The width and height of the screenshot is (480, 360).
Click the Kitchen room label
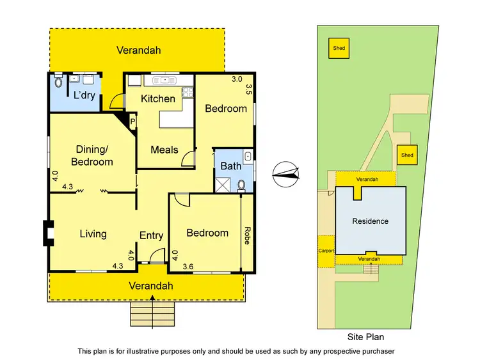[x=158, y=98]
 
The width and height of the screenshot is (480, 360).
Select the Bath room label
[x=230, y=166]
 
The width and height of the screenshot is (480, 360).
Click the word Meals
[x=164, y=150]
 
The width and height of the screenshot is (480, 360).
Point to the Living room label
[x=93, y=233]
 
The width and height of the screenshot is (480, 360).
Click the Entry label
[x=151, y=235]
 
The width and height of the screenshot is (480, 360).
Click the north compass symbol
[x=285, y=173]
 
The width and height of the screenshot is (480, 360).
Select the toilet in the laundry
[x=58, y=82]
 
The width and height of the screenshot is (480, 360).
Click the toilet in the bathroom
[x=241, y=185]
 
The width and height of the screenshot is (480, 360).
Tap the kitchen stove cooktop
[x=188, y=92]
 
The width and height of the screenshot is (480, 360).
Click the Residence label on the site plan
[x=371, y=221]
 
